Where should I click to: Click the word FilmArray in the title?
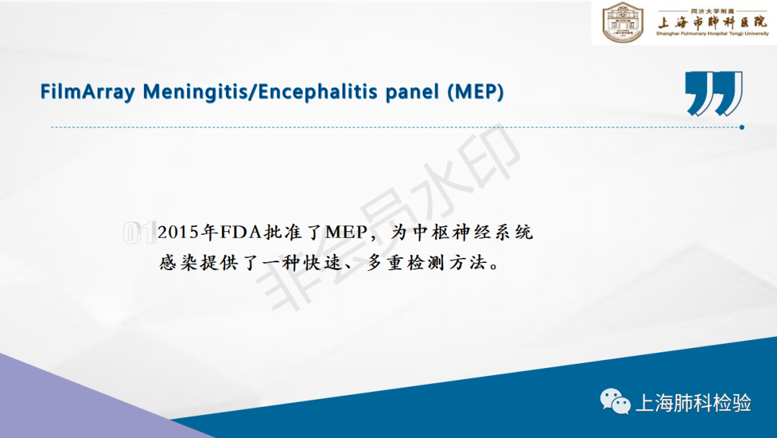click(x=87, y=92)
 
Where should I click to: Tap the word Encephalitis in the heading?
click(x=318, y=92)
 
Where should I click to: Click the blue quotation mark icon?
click(x=714, y=93)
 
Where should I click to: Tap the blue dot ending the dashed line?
click(x=742, y=128)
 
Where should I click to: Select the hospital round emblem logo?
click(x=623, y=22)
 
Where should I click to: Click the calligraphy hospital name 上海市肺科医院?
click(x=712, y=22)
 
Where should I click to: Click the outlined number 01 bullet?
click(x=140, y=233)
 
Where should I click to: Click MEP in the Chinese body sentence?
click(x=346, y=232)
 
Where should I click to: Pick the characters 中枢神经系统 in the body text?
click(x=472, y=232)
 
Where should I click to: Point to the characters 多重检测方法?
click(x=427, y=262)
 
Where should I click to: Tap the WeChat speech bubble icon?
click(x=615, y=401)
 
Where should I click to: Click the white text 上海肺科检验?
click(x=694, y=403)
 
